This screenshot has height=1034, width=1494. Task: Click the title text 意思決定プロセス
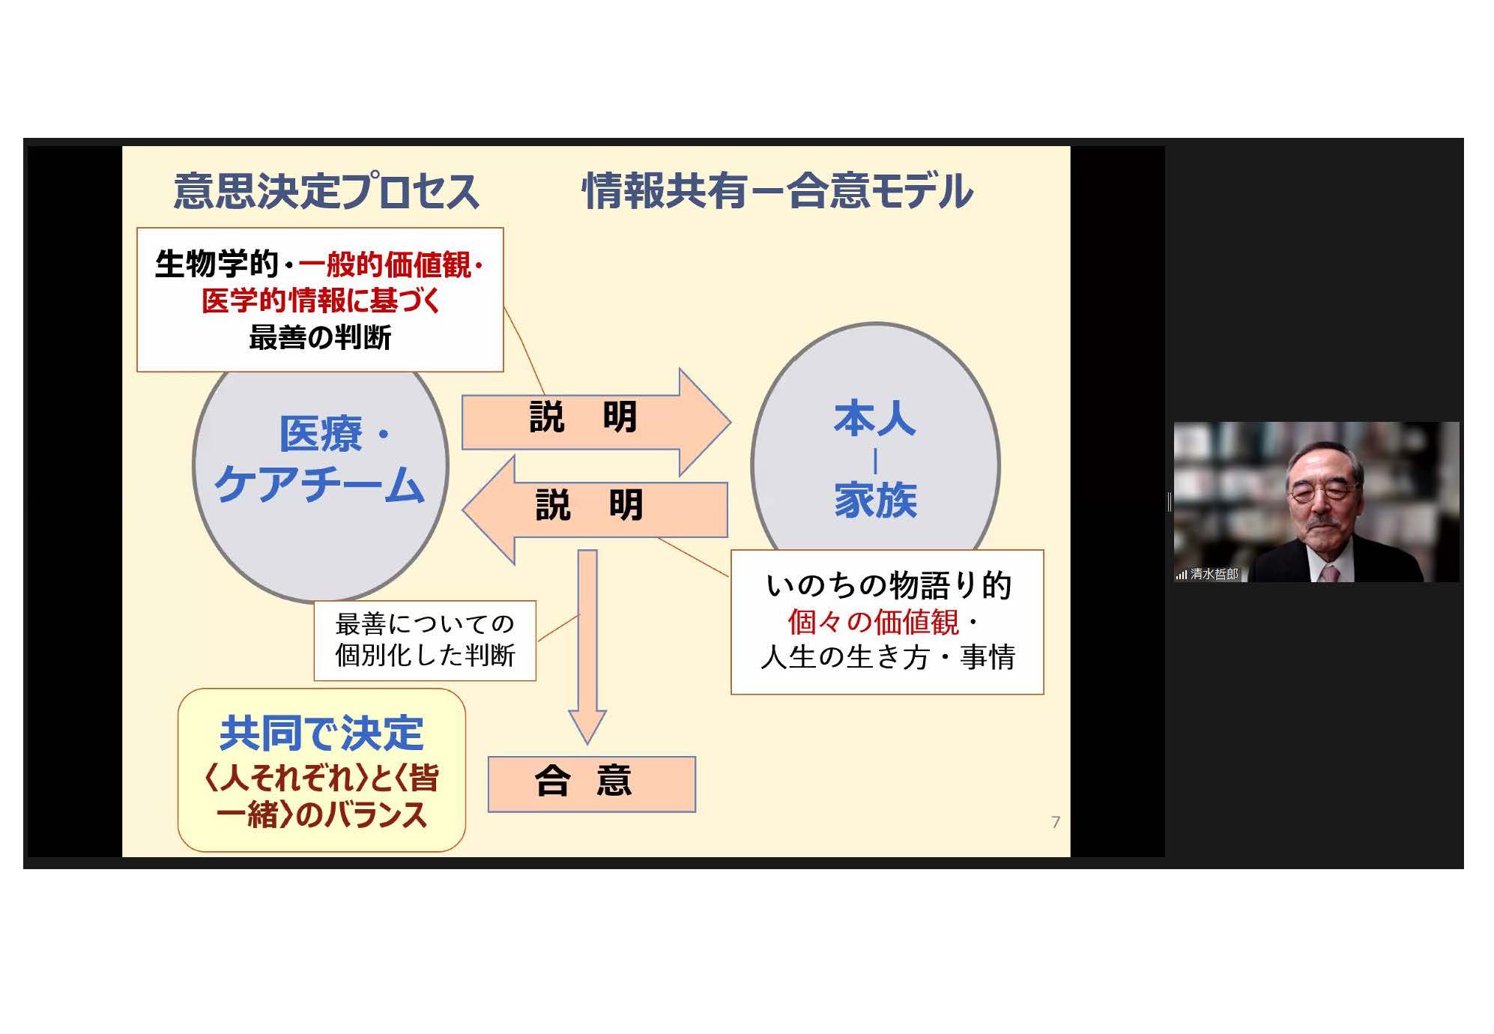(326, 190)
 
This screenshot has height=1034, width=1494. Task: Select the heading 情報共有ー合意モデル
(778, 190)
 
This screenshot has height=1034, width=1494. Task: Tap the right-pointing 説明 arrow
(596, 421)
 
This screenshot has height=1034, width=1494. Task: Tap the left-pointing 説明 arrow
(595, 510)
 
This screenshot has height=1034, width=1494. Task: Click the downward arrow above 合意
(587, 646)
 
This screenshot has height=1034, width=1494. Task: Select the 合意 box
(592, 784)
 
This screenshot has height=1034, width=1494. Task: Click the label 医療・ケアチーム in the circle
(320, 459)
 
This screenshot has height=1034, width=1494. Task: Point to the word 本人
(874, 418)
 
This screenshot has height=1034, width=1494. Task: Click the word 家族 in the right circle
(875, 500)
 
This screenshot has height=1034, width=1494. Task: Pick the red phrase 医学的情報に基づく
(321, 300)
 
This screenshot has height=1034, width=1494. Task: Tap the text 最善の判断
(320, 337)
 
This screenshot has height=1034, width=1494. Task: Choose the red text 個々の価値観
(873, 621)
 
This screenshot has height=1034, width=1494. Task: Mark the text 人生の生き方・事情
(888, 656)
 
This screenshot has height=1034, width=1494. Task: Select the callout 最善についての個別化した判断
(425, 640)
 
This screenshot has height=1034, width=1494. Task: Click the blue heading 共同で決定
(321, 733)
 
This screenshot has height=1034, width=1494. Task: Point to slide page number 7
(1056, 822)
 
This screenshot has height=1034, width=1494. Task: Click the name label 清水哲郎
(1214, 574)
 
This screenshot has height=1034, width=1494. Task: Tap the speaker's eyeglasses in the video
(1322, 493)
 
